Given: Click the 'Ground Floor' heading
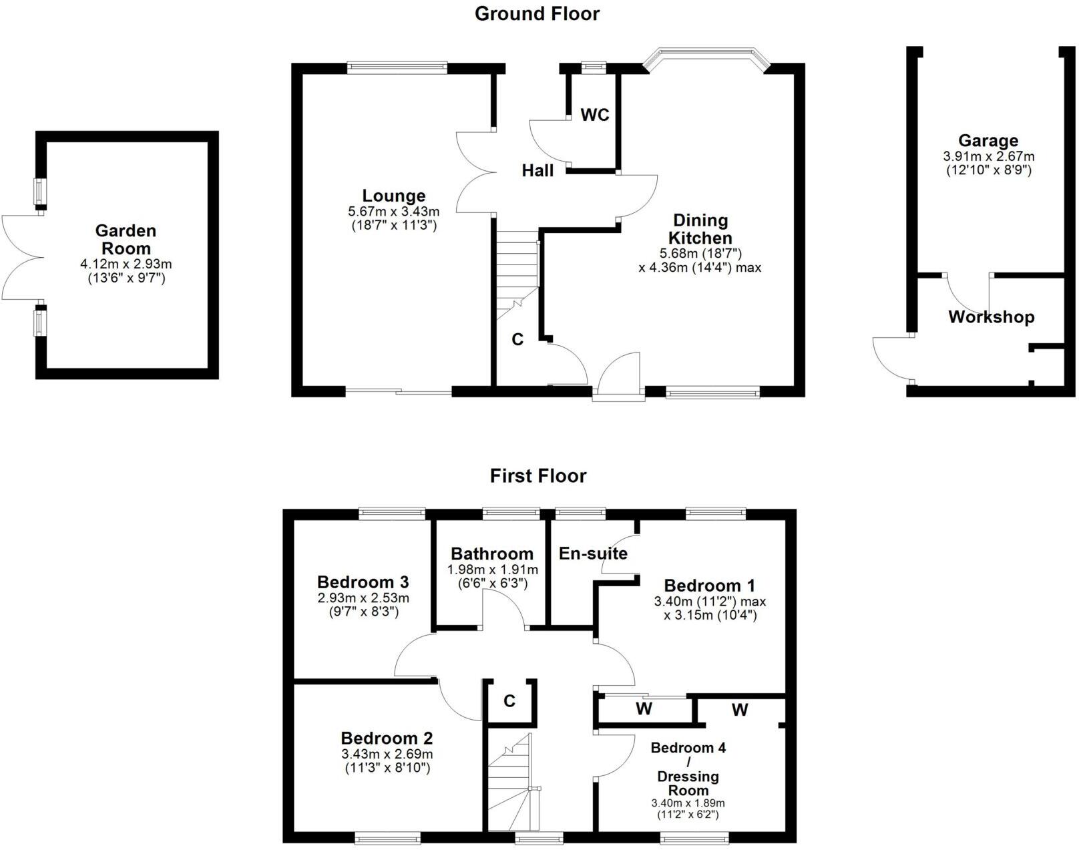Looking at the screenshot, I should pos(537,13).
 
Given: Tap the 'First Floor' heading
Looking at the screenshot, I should pos(537,476).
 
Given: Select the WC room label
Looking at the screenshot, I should pos(594,115).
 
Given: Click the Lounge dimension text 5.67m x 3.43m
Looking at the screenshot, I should pos(393,211).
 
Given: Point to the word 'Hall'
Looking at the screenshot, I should pos(537,171).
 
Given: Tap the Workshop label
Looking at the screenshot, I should pos(991,317).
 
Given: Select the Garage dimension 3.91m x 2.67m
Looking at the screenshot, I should pos(988,156).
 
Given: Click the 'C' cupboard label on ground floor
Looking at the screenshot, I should pos(517,340).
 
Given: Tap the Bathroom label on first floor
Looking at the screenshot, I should pos(491,554).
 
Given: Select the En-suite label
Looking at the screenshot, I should pos(593,554).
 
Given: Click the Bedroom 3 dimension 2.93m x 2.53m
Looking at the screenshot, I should pos(363,598).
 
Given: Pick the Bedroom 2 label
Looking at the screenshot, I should pos(387,738).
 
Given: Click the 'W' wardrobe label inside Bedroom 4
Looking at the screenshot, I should pos(739,710).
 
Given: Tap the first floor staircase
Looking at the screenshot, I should pos(511,781).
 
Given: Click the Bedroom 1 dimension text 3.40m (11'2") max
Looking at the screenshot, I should pos(710,601).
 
